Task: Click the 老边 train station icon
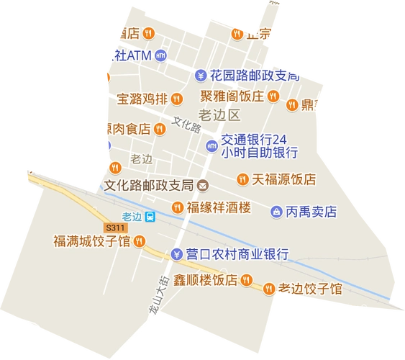[150, 217]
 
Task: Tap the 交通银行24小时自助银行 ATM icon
[211, 145]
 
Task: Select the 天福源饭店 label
[284, 179]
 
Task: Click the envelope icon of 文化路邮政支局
[204, 185]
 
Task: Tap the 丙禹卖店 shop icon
[276, 212]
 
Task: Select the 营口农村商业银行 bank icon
[177, 253]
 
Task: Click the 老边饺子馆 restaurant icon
[268, 288]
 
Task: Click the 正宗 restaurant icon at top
[236, 32]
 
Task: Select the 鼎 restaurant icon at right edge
[291, 105]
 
